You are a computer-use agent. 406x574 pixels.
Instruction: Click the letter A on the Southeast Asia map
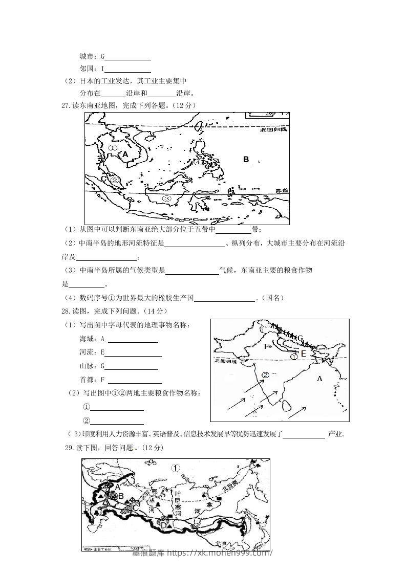coord(125,153)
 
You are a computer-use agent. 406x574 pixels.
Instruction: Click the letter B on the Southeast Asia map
coord(246,160)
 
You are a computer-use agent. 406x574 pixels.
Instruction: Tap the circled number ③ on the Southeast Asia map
coord(165,198)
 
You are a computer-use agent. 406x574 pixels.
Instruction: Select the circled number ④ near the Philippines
coord(199,163)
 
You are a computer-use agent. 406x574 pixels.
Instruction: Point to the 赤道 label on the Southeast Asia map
coord(282,190)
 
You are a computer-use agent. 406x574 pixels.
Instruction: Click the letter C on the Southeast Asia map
coord(103,179)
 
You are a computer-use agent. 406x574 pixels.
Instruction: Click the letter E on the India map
coord(303,354)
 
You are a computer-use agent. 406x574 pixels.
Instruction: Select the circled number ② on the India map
coord(265,375)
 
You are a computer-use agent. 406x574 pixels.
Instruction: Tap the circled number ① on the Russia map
coord(176,468)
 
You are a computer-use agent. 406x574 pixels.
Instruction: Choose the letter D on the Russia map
coord(164,525)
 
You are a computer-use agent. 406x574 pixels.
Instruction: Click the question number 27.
coord(65,106)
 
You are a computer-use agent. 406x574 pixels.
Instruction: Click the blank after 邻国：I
coord(127,69)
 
